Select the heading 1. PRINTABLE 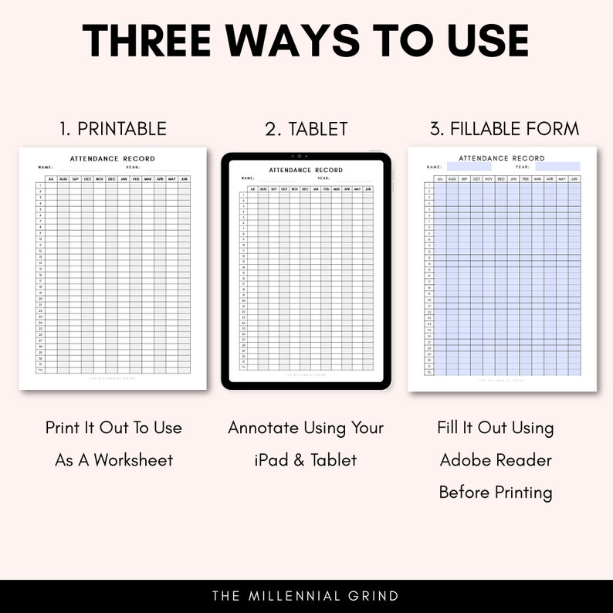[x=113, y=128]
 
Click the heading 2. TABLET [x=306, y=129]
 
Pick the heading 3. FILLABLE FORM [x=504, y=128]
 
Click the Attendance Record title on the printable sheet [x=113, y=159]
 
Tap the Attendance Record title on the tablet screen [x=306, y=170]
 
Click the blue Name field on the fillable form [x=463, y=167]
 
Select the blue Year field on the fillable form [x=557, y=167]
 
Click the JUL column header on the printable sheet [x=51, y=179]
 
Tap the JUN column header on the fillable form [x=574, y=179]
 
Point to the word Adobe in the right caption [x=465, y=460]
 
